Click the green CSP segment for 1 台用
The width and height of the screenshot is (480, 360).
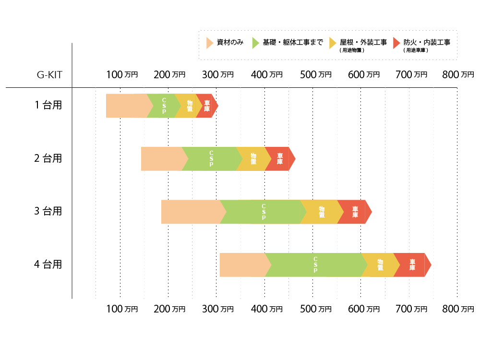pyautogui.click(x=164, y=106)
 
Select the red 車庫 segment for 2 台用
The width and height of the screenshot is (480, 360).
pyautogui.click(x=279, y=159)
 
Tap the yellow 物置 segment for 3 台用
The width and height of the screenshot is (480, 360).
pyautogui.click(x=321, y=212)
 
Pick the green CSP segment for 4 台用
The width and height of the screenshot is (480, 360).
pyautogui.click(x=315, y=265)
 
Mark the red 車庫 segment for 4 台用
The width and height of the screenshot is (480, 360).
pyautogui.click(x=412, y=265)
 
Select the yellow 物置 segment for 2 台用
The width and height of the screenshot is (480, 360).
pyautogui.click(x=252, y=159)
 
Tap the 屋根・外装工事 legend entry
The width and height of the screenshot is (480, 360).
pyautogui.click(x=362, y=43)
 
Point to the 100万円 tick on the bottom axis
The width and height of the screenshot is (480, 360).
pyautogui.click(x=121, y=309)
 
